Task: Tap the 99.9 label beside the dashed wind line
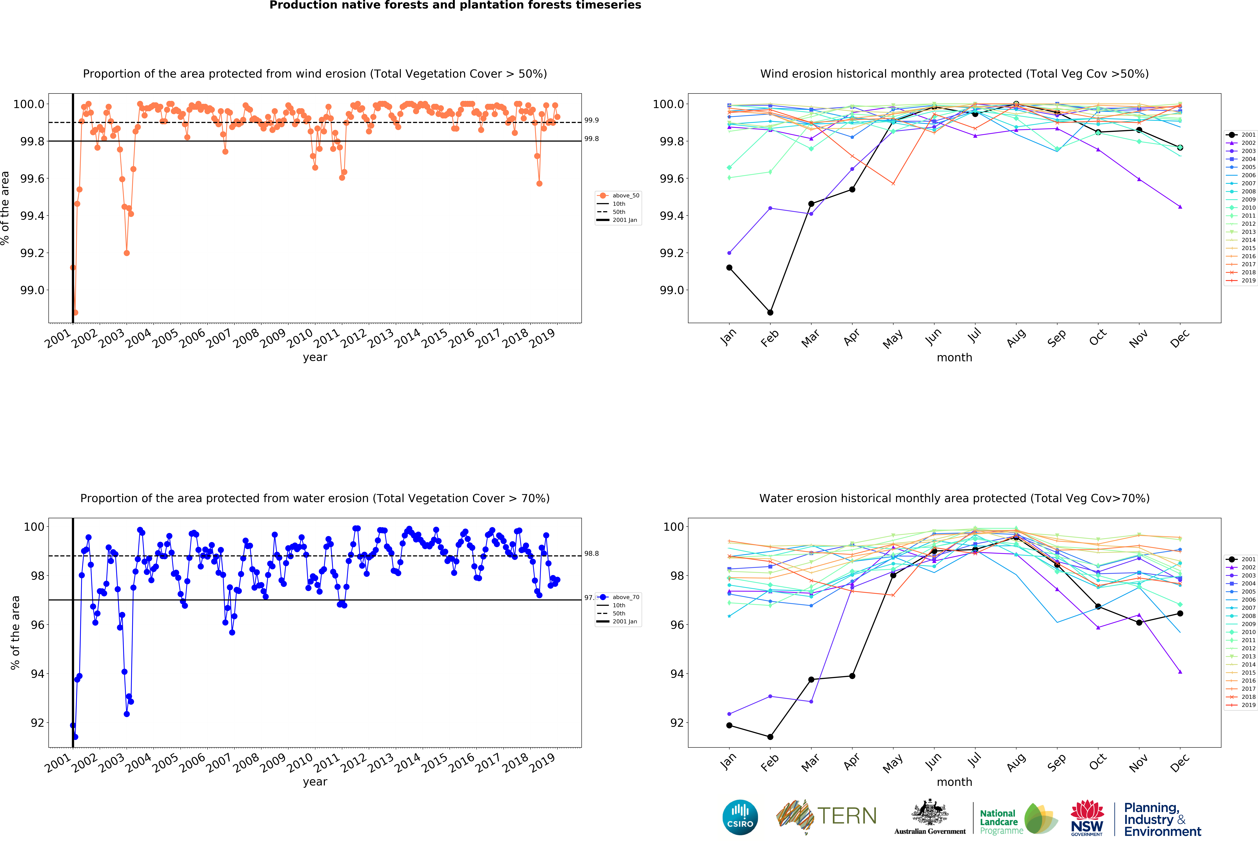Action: coord(591,120)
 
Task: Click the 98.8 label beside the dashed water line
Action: coord(591,553)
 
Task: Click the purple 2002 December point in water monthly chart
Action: coord(1180,672)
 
